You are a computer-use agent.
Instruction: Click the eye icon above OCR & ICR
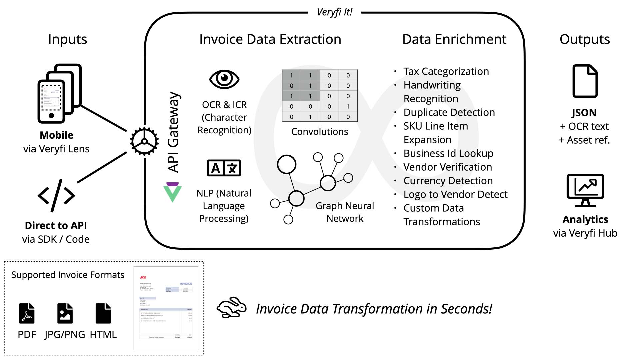[x=224, y=79]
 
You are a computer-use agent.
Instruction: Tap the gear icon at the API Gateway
[x=144, y=141]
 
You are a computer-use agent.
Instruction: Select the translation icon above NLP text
[x=224, y=168]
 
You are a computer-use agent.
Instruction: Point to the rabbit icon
[x=231, y=307]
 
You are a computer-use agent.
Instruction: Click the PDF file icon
[x=27, y=313]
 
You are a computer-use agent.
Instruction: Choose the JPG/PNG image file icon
[x=65, y=313]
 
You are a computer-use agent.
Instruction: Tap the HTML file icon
[x=103, y=313]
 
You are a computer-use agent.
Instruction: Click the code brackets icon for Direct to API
[x=56, y=196]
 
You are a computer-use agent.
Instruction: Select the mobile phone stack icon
[x=59, y=93]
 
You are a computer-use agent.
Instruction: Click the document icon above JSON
[x=585, y=81]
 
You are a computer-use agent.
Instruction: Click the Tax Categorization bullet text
[x=446, y=71]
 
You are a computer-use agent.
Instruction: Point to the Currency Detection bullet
[x=448, y=181]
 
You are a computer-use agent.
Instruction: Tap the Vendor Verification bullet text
[x=448, y=167]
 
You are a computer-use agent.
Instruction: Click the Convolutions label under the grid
[x=320, y=132]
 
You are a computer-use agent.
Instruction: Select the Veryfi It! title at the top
[x=334, y=12]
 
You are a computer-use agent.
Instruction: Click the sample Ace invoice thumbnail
[x=166, y=308]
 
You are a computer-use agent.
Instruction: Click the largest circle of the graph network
[x=287, y=164]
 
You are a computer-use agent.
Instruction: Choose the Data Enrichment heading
[x=454, y=39]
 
